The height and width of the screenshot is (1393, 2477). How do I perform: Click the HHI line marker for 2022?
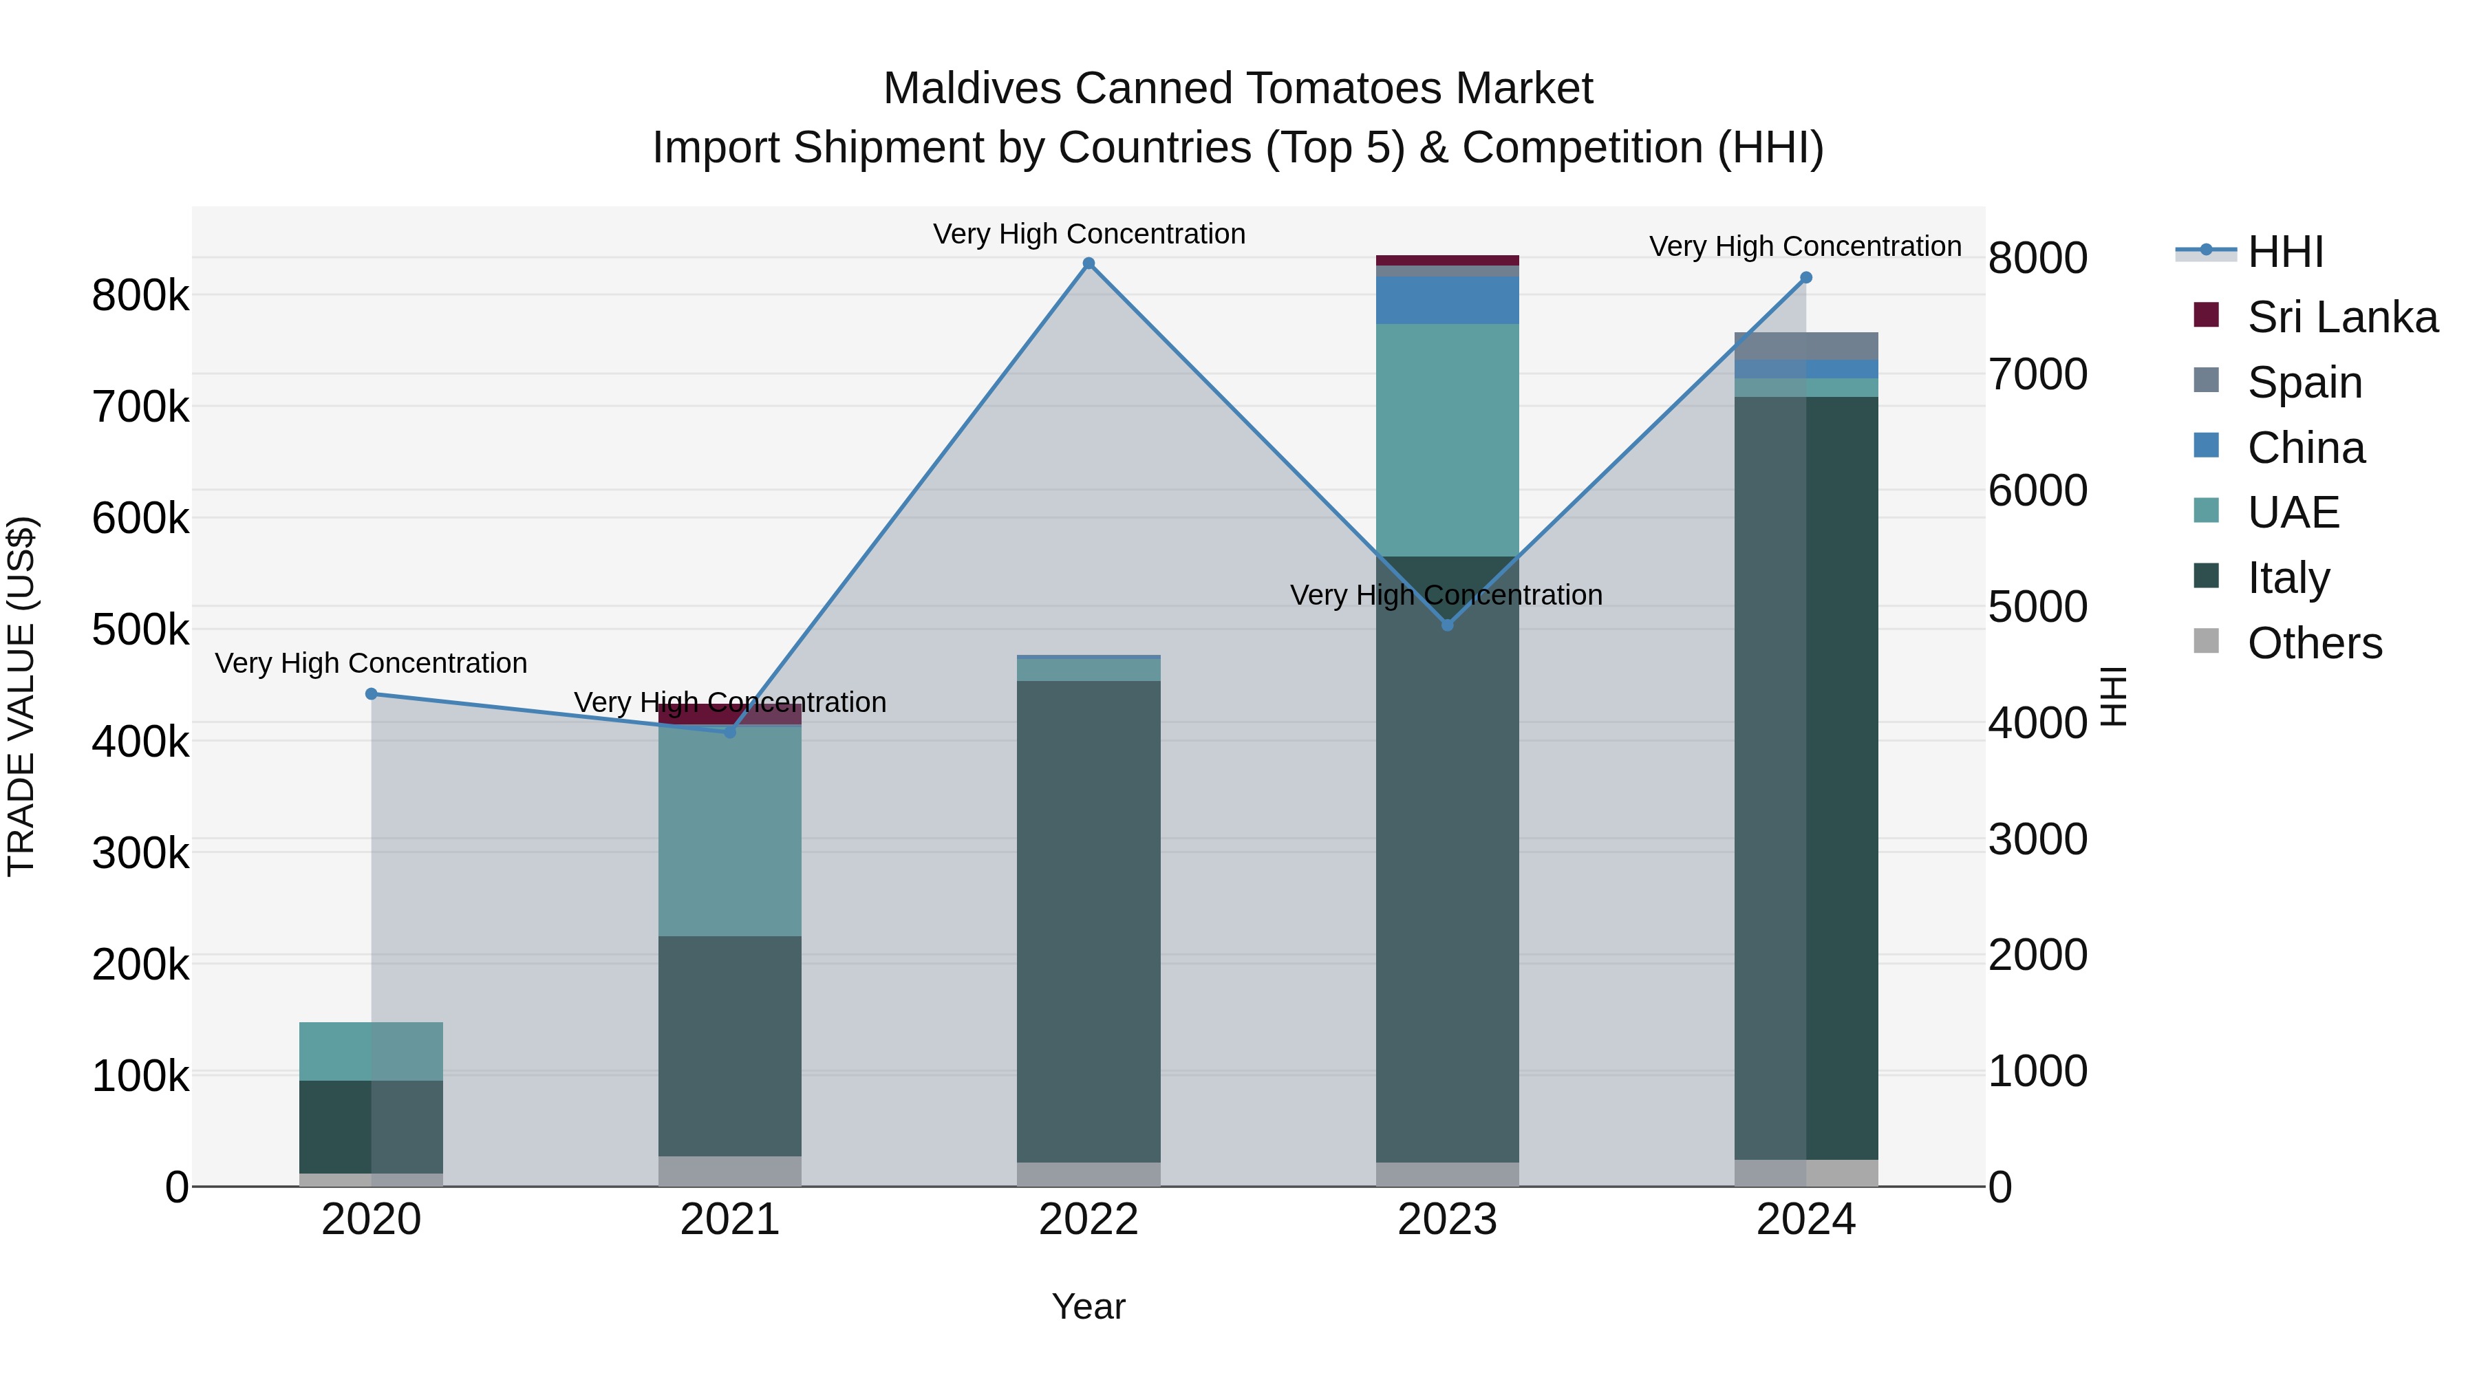[1089, 263]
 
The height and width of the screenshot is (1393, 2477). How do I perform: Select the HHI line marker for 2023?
[1447, 625]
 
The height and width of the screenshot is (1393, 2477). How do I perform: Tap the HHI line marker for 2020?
[371, 694]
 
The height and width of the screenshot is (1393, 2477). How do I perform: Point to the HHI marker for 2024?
[1806, 278]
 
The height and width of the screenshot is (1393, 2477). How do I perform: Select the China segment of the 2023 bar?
[1447, 300]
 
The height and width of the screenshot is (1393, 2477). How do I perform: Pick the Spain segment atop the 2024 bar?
[1806, 346]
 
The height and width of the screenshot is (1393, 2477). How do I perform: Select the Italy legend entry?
[2288, 578]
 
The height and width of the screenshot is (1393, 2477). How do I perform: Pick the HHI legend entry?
[2284, 252]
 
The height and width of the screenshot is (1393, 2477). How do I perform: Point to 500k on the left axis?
[140, 631]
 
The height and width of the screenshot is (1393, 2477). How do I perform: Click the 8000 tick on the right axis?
[2037, 259]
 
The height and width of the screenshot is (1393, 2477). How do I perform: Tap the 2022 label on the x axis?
[1089, 1220]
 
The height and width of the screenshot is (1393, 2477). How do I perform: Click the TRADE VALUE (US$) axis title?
[22, 696]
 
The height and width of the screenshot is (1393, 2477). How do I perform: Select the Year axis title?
[1089, 1306]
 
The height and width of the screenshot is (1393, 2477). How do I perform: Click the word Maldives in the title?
[971, 89]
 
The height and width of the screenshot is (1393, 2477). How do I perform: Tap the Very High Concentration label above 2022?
[1089, 234]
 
